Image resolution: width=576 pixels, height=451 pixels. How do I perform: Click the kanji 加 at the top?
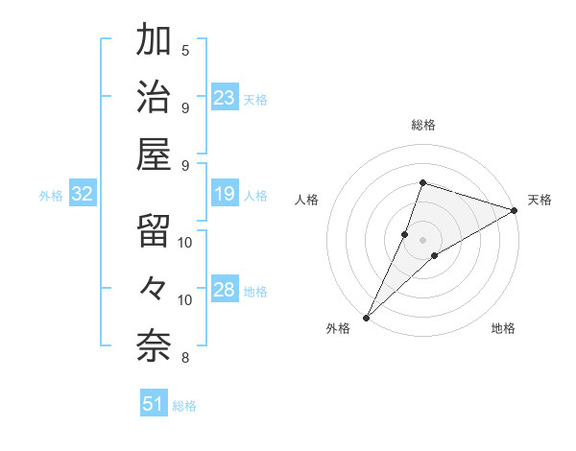tap(155, 42)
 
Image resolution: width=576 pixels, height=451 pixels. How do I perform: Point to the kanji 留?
tap(155, 230)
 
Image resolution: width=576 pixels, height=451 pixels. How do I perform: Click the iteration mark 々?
tap(155, 287)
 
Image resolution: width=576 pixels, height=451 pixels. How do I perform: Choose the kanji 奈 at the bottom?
tap(155, 343)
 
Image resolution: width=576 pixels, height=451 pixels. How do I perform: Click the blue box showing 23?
tap(225, 98)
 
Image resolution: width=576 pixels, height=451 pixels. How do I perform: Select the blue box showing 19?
tap(225, 195)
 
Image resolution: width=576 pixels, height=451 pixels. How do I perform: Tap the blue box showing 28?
tap(225, 291)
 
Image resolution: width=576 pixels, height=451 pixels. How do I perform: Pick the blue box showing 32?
tap(83, 195)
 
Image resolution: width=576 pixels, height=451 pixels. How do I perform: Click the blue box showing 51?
tap(154, 404)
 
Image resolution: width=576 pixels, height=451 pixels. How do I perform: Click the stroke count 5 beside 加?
tap(185, 50)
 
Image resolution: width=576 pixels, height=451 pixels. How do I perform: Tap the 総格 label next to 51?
tap(184, 406)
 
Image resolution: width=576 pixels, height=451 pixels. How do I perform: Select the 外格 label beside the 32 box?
tap(51, 196)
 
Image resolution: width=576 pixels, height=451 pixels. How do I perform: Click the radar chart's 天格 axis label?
tap(540, 200)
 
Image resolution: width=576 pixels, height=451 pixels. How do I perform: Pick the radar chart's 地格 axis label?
tap(503, 328)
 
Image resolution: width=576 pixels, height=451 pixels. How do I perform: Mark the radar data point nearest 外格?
tap(366, 317)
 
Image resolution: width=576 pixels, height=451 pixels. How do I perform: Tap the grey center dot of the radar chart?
tap(422, 239)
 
